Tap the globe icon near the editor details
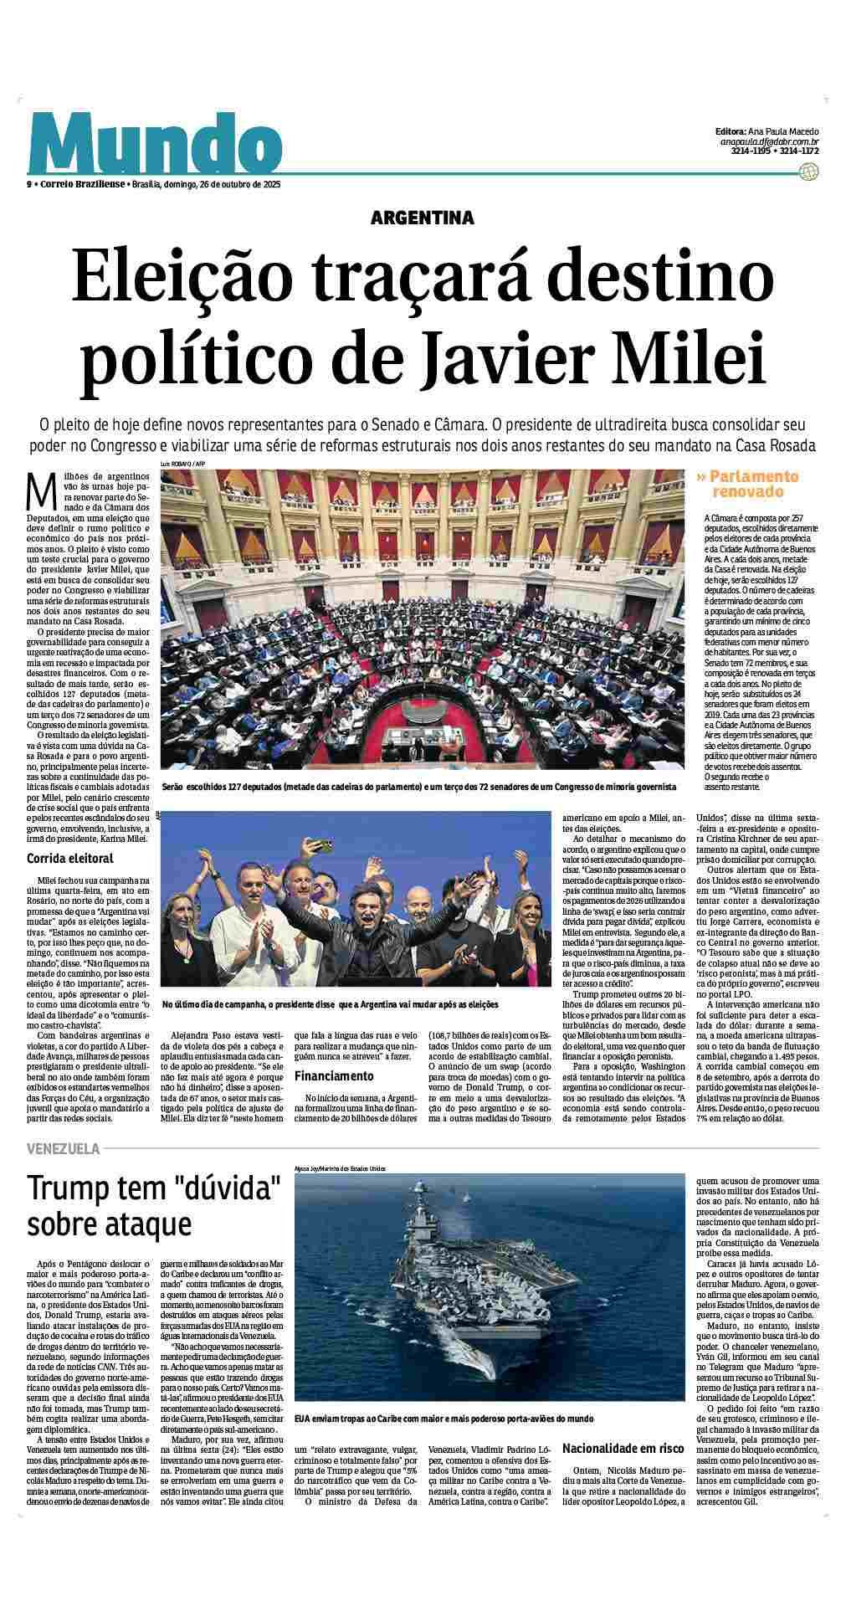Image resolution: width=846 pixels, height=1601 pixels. coord(808,172)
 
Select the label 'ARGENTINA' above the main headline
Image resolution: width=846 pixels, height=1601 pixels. coord(423,218)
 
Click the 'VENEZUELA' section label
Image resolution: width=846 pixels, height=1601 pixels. coord(63,1149)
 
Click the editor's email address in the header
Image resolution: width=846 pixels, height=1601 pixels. coord(769,142)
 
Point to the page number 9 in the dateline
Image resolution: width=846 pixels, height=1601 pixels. coord(29,184)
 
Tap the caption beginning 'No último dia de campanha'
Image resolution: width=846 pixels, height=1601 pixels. coord(330,1003)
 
